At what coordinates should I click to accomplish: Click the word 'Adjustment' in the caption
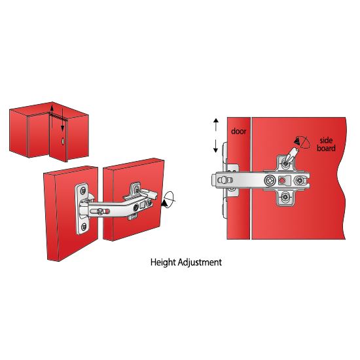point(200,262)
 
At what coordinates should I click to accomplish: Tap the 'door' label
point(238,132)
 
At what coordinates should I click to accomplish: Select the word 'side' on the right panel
point(326,140)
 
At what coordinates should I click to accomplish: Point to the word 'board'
point(326,148)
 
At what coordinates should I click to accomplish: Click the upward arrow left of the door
point(216,124)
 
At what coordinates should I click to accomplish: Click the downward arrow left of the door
point(215,146)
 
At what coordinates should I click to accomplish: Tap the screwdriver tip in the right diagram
point(286,162)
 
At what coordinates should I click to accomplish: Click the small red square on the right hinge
point(282,181)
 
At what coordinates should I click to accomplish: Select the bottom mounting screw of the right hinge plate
point(285,197)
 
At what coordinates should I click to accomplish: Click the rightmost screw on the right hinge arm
point(299,181)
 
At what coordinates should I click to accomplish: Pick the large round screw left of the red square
point(270,181)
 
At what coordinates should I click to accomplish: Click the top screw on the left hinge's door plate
point(83,190)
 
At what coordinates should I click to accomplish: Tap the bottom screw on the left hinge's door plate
point(84,227)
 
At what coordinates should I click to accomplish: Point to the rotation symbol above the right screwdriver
point(302,142)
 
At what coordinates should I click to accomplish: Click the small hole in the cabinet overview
point(63,141)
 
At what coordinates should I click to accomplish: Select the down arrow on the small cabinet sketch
point(62,120)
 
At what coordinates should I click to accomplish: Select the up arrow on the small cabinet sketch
point(52,116)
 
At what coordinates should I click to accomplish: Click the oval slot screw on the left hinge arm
point(100,211)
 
